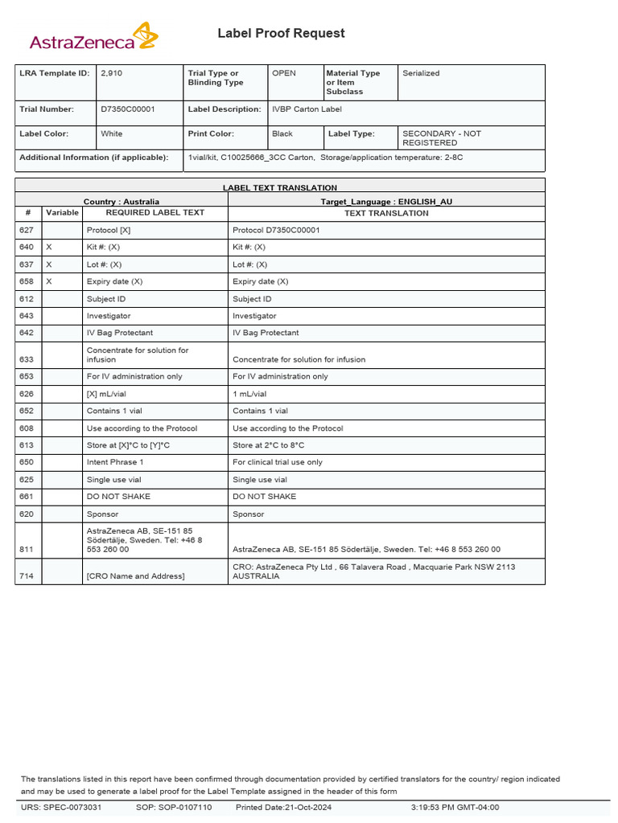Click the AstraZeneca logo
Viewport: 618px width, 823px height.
[x=93, y=39]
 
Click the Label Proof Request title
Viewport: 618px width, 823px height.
[x=281, y=33]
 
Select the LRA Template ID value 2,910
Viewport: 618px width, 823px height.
[x=112, y=73]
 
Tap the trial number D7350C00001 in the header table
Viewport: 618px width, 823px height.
[x=128, y=109]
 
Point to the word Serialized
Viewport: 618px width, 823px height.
[x=421, y=73]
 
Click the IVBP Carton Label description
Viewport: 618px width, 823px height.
[x=307, y=109]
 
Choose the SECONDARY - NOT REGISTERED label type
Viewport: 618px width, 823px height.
[x=441, y=138]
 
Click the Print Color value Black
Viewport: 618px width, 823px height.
[x=282, y=134]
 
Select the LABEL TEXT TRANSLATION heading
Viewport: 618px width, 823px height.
[x=280, y=187]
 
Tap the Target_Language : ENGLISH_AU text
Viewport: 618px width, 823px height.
[x=386, y=202]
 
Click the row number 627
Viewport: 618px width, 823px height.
[x=27, y=230]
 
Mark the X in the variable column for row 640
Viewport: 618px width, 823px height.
[x=49, y=247]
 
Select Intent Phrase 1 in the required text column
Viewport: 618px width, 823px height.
[x=115, y=462]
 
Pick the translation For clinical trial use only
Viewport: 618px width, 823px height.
[x=277, y=462]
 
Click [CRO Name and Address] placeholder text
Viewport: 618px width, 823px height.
[x=135, y=576]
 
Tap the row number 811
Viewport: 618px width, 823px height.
[x=27, y=550]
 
